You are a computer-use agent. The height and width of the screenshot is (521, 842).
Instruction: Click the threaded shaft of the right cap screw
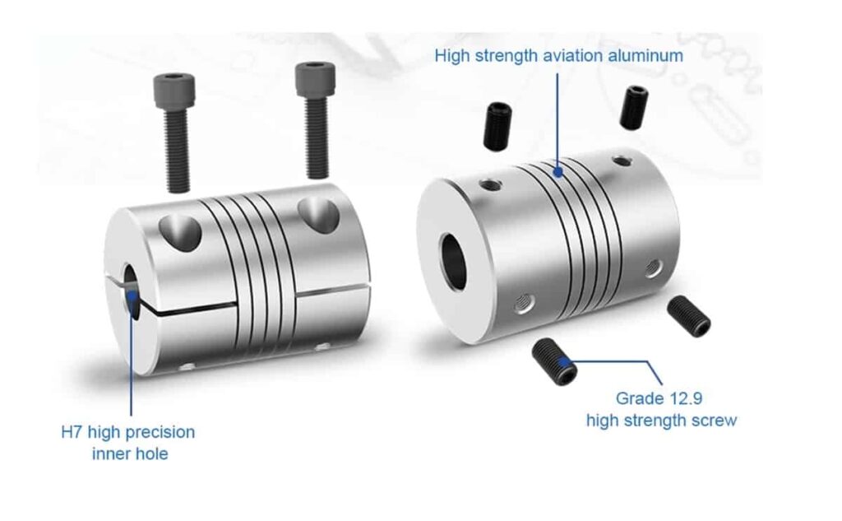coord(316,140)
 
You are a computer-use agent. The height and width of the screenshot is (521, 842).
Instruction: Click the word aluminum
coord(646,56)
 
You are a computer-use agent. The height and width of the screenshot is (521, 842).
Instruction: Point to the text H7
coord(72,432)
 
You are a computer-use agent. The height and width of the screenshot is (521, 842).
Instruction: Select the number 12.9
coord(684,398)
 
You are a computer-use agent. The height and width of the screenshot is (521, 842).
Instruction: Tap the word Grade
coord(639,398)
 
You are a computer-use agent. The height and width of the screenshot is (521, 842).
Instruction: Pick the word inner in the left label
coord(110,454)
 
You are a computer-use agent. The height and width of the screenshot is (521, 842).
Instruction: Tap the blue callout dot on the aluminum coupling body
coord(558,173)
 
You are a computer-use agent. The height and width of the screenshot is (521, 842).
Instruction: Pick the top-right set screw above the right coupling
coord(633,106)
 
